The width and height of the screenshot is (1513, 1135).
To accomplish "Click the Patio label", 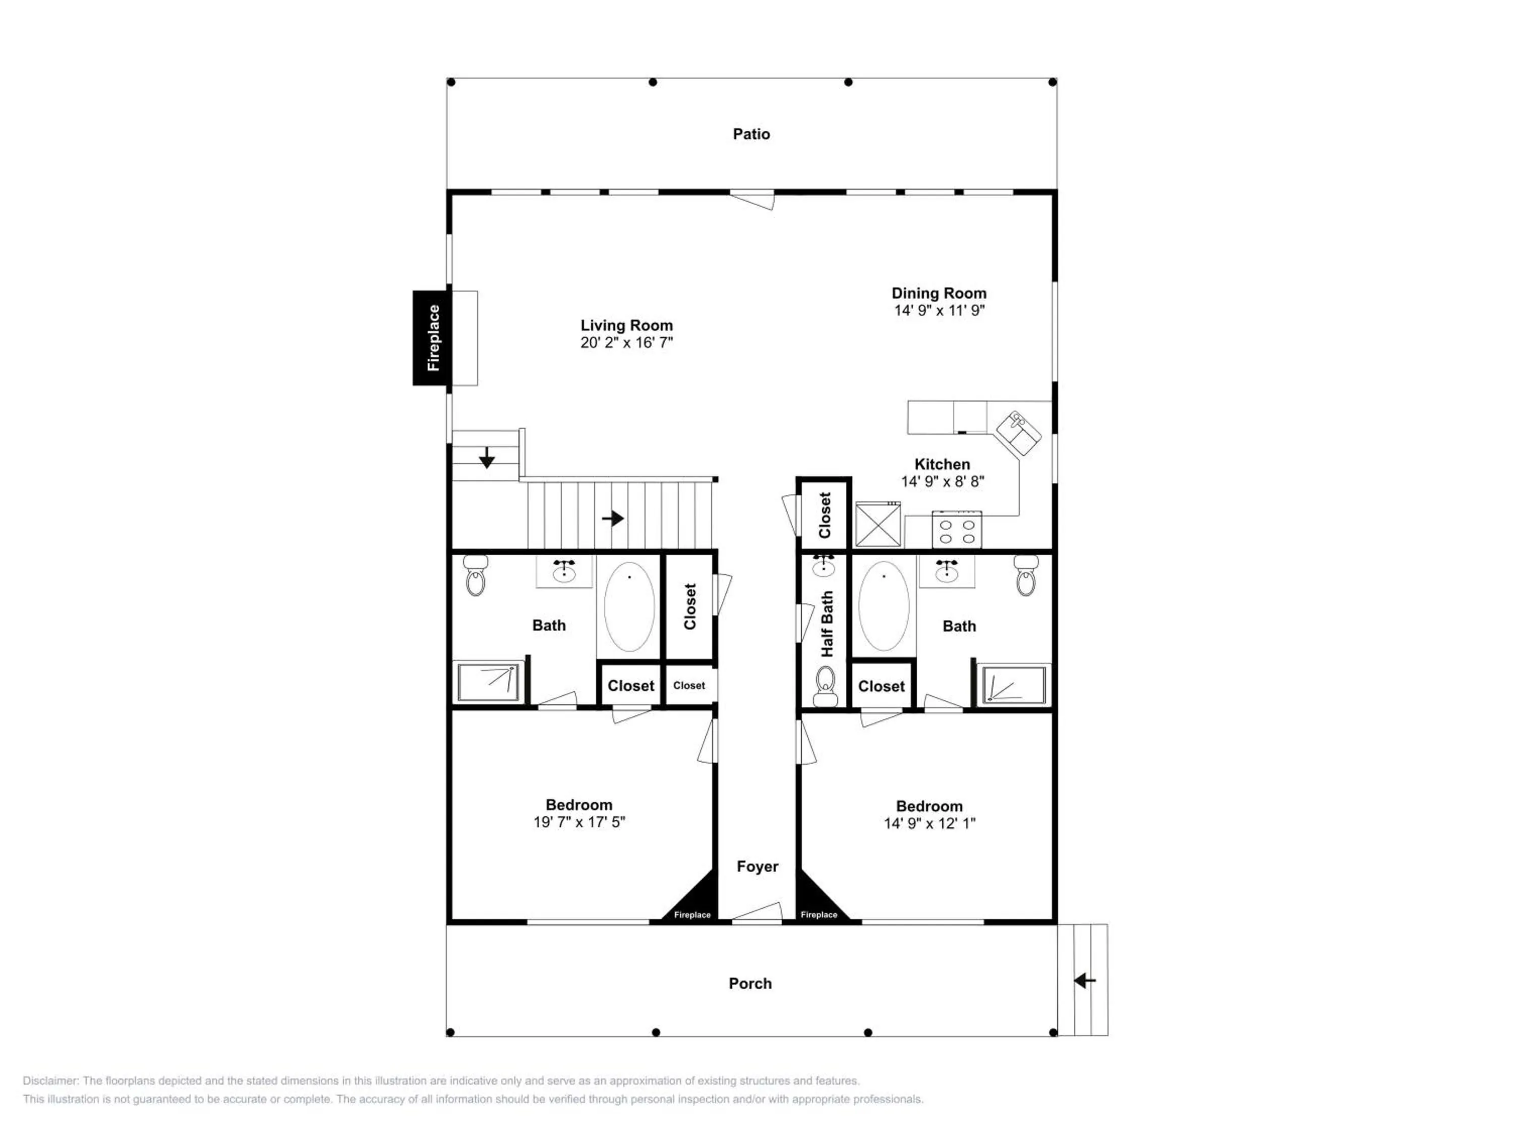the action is click(751, 134).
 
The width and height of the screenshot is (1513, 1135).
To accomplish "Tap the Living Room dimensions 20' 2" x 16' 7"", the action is click(626, 343).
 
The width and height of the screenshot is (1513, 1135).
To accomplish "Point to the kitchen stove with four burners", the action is click(957, 530).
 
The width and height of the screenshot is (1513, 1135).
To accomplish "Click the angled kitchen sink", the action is click(1018, 433).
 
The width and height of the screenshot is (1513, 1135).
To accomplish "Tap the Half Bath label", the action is click(827, 624).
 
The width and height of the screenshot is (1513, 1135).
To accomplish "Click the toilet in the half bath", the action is click(826, 686).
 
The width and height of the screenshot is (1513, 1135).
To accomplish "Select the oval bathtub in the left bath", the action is click(629, 607).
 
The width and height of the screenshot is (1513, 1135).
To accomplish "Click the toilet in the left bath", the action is click(476, 576).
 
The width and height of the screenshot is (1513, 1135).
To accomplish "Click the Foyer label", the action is click(757, 867).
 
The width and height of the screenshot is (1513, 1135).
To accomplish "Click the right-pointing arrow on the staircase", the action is click(613, 519).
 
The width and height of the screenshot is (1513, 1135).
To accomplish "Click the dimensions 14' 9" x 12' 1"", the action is click(929, 824).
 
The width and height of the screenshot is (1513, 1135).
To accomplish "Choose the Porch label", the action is click(750, 984).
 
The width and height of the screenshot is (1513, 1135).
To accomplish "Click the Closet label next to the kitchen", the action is click(825, 515).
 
